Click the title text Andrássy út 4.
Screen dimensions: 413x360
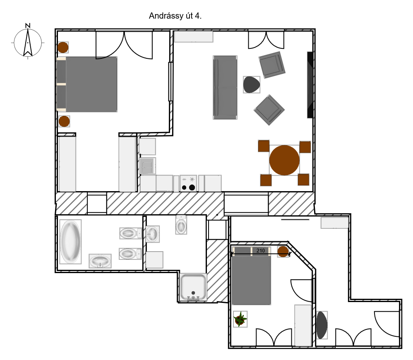175,16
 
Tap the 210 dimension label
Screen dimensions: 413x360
260,250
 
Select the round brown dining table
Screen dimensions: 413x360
284,160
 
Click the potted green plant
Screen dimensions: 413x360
240,319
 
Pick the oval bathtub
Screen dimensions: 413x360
70,242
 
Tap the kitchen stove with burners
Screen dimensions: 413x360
188,183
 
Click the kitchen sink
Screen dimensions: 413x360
148,166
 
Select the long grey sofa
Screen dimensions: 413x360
225,87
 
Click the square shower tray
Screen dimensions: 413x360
193,287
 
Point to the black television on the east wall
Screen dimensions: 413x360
310,85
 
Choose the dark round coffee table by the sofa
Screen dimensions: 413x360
252,84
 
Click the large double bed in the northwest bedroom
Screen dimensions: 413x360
87,84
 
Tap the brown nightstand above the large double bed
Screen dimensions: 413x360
63,48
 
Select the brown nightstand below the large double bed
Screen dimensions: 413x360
64,121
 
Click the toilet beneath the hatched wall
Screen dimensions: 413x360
181,225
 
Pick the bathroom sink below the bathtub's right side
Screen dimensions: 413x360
100,261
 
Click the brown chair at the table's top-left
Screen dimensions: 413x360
264,146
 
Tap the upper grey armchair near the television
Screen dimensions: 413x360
272,65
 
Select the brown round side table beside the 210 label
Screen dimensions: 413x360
283,252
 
